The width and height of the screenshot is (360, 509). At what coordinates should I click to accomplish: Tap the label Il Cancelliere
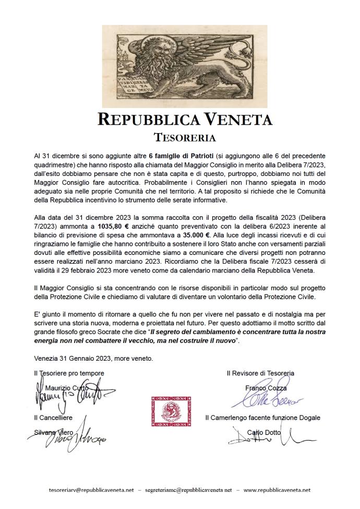pyautogui.click(x=53, y=418)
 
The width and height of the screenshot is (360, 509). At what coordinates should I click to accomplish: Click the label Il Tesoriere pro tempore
pyautogui.click(x=69, y=373)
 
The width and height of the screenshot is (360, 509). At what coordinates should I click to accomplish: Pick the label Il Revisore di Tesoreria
pyautogui.click(x=260, y=373)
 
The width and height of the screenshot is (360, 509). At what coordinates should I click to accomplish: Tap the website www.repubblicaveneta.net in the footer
pyautogui.click(x=277, y=490)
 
